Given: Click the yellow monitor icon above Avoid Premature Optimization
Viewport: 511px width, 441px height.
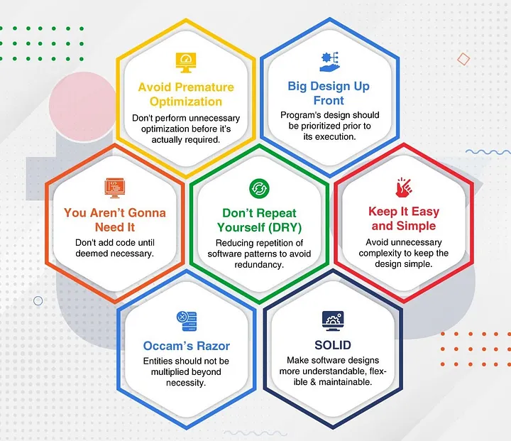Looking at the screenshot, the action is pos(186,62).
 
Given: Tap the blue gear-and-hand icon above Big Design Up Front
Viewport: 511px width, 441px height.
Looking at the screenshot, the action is pos(330,62).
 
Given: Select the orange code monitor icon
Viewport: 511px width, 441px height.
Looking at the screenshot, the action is pos(115,187).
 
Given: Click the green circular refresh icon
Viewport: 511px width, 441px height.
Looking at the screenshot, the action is pos(259,188).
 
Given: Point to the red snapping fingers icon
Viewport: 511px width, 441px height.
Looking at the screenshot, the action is pos(403,187).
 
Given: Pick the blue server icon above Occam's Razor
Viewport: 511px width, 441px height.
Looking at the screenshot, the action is pos(187,321).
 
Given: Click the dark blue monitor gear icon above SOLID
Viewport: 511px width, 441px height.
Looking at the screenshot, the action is pos(333,321).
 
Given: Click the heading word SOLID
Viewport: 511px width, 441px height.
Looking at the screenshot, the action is pos(333,345).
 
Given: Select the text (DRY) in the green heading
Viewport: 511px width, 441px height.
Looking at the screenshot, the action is pos(285,227).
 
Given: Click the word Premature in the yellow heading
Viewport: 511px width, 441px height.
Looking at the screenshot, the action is pos(204,87).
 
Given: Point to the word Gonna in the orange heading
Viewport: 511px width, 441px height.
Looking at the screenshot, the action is pos(147,212).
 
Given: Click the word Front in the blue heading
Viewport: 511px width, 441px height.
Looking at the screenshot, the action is pos(329,100).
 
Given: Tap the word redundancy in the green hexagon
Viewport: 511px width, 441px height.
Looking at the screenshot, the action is pos(259,265).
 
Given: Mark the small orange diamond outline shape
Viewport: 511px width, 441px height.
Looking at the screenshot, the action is pos(463,60).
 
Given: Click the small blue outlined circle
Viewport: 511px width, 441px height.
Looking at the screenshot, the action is pos(38,300).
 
